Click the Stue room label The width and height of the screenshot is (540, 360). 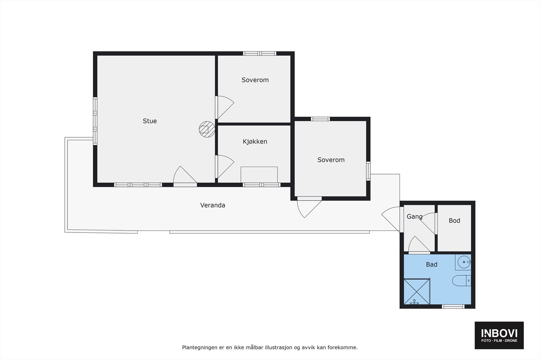coord(150,121)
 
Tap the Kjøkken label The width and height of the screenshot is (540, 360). coord(255,141)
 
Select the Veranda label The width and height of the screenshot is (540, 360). coord(213,205)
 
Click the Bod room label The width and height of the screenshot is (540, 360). coord(454,220)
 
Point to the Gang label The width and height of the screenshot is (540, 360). coord(414,217)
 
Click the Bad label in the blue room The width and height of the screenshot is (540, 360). coord(431,265)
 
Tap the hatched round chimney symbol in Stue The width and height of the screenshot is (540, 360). coord(207,129)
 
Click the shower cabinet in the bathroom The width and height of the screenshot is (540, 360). coord(417,292)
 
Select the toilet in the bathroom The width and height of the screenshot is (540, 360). coord(461,280)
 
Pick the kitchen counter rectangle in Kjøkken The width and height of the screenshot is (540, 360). coord(259,174)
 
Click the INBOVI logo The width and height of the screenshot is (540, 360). coord(499,335)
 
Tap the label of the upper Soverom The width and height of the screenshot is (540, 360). coord(255,80)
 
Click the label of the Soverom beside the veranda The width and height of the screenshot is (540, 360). coord(331,160)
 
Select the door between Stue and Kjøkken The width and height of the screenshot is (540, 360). coord(223,166)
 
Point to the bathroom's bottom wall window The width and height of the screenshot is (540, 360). coord(453,306)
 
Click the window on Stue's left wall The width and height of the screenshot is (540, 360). coord(95,121)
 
